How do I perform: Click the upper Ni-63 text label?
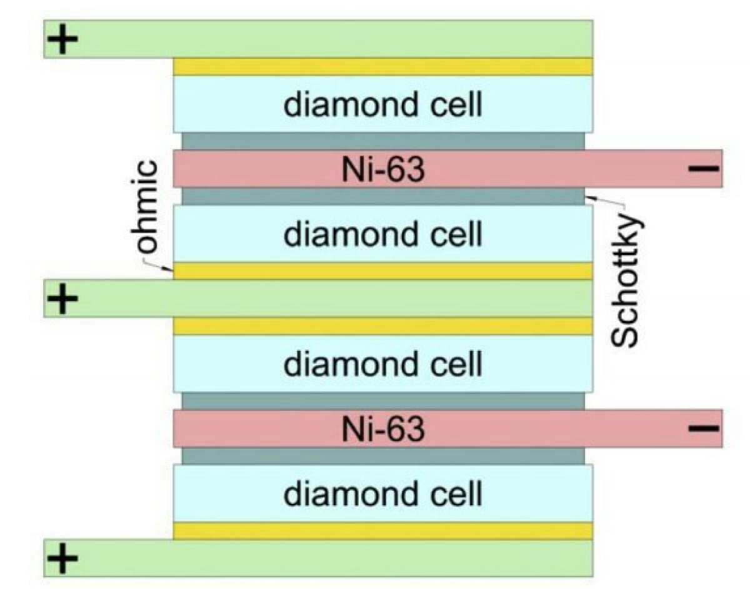(x=383, y=169)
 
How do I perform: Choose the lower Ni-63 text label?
(x=383, y=429)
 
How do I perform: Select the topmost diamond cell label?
(x=383, y=105)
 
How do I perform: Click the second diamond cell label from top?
(x=383, y=234)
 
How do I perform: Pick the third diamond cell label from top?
(x=383, y=364)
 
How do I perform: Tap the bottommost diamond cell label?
(x=383, y=494)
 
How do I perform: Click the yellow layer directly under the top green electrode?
(x=382, y=67)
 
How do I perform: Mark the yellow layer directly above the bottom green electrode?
(x=382, y=530)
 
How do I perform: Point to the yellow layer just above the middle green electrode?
(x=382, y=270)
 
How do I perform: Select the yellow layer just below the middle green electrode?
(x=382, y=326)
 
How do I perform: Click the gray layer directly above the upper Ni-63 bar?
(x=382, y=141)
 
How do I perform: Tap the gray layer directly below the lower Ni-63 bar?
(x=382, y=456)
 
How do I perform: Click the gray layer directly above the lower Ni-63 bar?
(x=382, y=401)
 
